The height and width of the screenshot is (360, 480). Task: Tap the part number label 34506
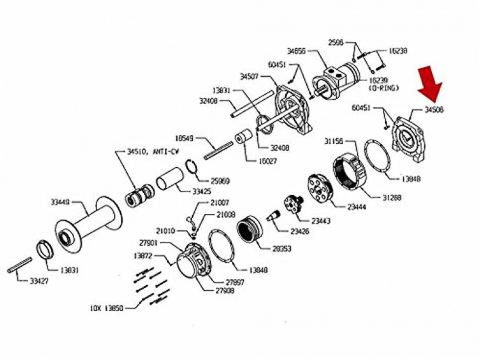[x=433, y=110]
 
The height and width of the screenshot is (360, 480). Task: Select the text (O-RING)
[x=383, y=87]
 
